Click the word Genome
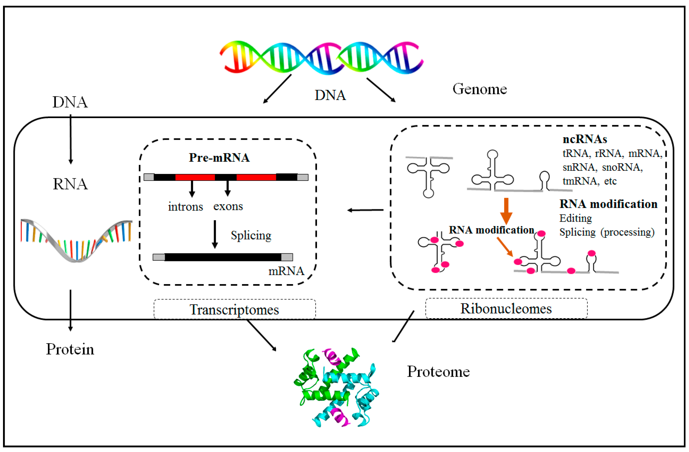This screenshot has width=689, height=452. pyautogui.click(x=480, y=89)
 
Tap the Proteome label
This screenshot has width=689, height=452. pyautogui.click(x=438, y=372)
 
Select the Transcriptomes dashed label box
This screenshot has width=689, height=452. pyautogui.click(x=235, y=310)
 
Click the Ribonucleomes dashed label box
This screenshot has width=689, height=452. pyautogui.click(x=506, y=308)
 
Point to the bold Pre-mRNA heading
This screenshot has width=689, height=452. pyautogui.click(x=219, y=158)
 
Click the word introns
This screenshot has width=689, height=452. pyautogui.click(x=186, y=207)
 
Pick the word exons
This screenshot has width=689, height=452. pyautogui.click(x=228, y=206)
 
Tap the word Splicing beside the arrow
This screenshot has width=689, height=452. pyautogui.click(x=251, y=235)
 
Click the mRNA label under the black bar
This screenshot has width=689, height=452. pyautogui.click(x=286, y=271)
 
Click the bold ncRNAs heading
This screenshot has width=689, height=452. pyautogui.click(x=585, y=139)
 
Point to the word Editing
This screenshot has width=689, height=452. pyautogui.click(x=575, y=218)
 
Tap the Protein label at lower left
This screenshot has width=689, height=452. pyautogui.click(x=70, y=349)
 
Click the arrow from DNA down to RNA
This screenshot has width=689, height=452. pyautogui.click(x=71, y=139)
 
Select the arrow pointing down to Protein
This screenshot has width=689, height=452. pyautogui.click(x=70, y=310)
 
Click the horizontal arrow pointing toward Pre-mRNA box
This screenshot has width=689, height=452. pyautogui.click(x=365, y=210)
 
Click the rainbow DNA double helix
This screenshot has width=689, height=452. pyautogui.click(x=321, y=57)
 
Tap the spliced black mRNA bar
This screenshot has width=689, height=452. pyautogui.click(x=223, y=257)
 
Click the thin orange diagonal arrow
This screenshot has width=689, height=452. pyautogui.click(x=505, y=247)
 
